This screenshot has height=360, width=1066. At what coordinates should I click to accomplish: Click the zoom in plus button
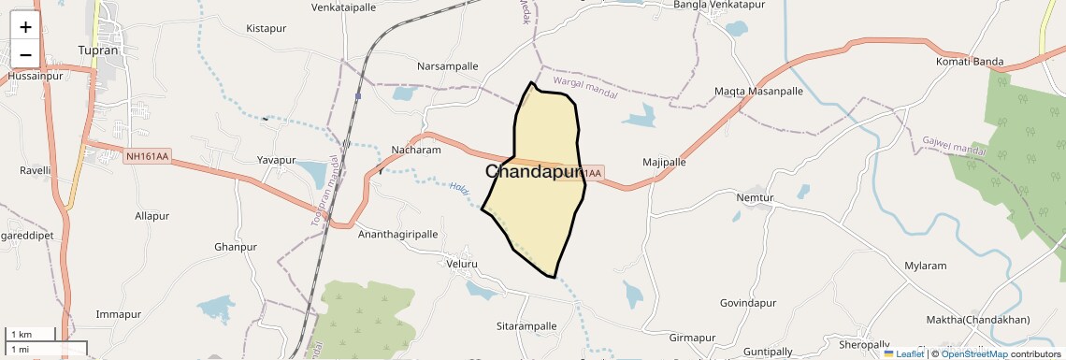point(25,27)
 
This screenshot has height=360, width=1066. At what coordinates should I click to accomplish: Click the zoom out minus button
point(25,54)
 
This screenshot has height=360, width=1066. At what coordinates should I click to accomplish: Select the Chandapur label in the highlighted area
point(534,172)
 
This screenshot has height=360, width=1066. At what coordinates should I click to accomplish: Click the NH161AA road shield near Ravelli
point(147,156)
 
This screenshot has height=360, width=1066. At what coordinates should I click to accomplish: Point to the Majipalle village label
point(665,162)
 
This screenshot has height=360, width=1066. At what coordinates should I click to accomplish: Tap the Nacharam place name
point(416,150)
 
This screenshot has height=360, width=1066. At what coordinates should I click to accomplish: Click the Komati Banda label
point(969,62)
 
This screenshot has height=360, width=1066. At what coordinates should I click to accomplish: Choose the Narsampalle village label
point(447,66)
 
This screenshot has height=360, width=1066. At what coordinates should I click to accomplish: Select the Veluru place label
point(462,265)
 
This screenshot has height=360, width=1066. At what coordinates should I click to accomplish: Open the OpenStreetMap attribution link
point(973,353)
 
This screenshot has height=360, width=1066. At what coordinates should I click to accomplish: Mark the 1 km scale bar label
point(21,334)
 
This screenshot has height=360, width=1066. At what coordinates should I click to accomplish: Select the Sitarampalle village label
point(526,326)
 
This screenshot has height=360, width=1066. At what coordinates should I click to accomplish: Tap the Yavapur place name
point(277,160)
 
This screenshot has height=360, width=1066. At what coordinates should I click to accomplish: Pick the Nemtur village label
point(756,198)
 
